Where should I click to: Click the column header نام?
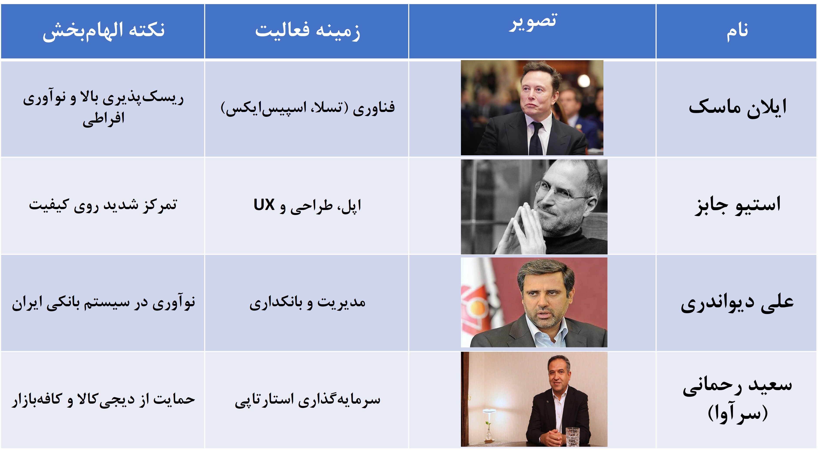coord(737,31)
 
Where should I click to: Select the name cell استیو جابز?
coord(737,205)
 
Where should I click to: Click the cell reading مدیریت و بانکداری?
coord(307,302)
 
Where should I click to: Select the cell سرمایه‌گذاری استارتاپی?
coord(307,400)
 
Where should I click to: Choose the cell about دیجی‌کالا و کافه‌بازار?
coord(103,400)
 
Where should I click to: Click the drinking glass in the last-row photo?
coord(572,436)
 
